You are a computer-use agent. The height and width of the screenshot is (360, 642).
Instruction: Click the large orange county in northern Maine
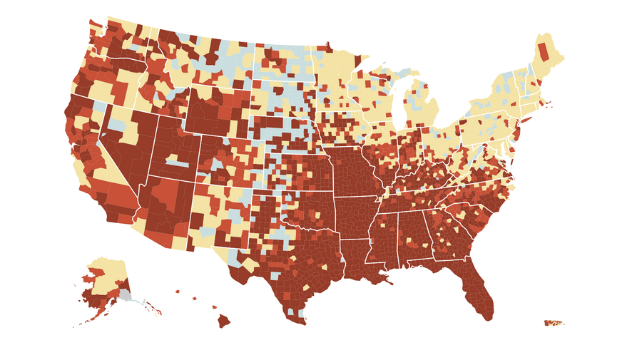(x=544, y=51)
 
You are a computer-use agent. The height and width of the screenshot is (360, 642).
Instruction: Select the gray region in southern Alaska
(x=125, y=294)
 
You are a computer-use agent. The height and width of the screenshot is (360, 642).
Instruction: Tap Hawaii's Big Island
(x=224, y=321)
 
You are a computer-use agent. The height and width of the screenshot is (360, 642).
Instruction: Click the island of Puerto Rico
(x=554, y=324)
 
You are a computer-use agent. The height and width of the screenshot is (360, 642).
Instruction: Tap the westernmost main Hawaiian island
(x=178, y=290)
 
